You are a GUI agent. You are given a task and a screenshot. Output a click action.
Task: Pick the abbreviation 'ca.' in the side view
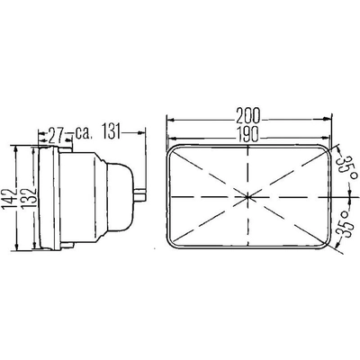(x=86, y=135)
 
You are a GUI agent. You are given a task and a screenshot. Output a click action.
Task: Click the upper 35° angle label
(x=342, y=162)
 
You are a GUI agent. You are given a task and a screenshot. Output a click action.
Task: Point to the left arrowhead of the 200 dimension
(x=169, y=120)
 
